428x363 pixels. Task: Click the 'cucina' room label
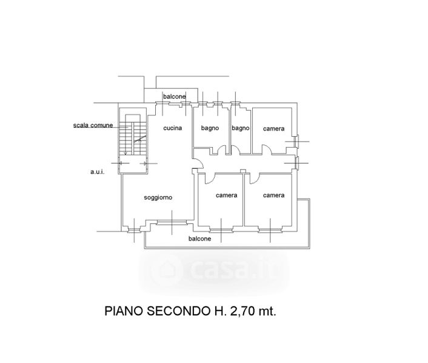coord(173,128)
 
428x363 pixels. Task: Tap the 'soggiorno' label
coord(158,198)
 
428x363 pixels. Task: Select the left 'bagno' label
coord(210,128)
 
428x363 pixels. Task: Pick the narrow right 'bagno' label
coord(241,128)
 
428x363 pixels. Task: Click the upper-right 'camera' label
coord(274,128)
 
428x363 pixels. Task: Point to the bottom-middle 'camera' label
coord(226,195)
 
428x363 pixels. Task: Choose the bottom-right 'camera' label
coord(274,195)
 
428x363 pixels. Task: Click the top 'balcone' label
coord(175,97)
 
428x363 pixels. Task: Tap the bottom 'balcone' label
coord(200,239)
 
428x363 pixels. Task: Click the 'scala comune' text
coord(93,125)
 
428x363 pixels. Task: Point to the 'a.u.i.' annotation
coord(98,172)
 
